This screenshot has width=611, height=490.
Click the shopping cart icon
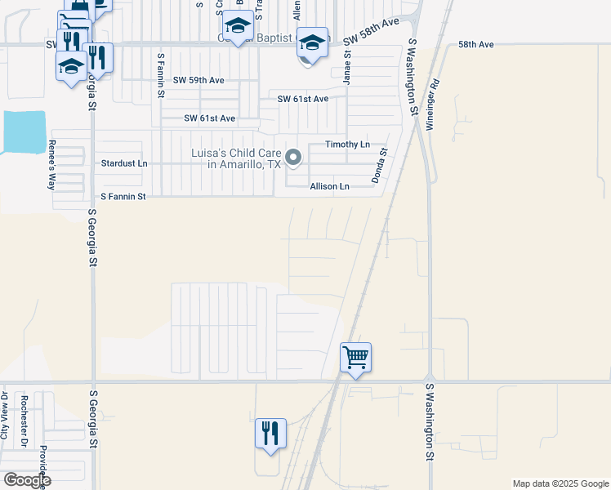pyautogui.click(x=355, y=357)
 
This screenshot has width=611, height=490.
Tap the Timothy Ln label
pyautogui.click(x=348, y=145)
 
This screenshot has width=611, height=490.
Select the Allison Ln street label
pyautogui.click(x=329, y=187)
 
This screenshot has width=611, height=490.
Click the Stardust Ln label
pyautogui.click(x=124, y=163)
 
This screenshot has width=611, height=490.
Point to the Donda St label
pyautogui.click(x=380, y=163)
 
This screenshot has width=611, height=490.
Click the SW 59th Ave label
pyautogui.click(x=198, y=81)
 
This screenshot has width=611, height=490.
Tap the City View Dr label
pyautogui.click(x=4, y=416)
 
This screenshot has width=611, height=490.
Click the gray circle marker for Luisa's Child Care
pyautogui.click(x=293, y=156)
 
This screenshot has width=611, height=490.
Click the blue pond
pyautogui.click(x=22, y=132)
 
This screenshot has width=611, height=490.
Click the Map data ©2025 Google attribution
pyautogui.click(x=560, y=483)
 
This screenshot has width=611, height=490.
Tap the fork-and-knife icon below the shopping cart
pyautogui.click(x=270, y=433)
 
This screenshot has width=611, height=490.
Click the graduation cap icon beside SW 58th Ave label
pyautogui.click(x=311, y=42)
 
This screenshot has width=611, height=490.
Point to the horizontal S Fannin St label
pyautogui.click(x=123, y=197)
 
